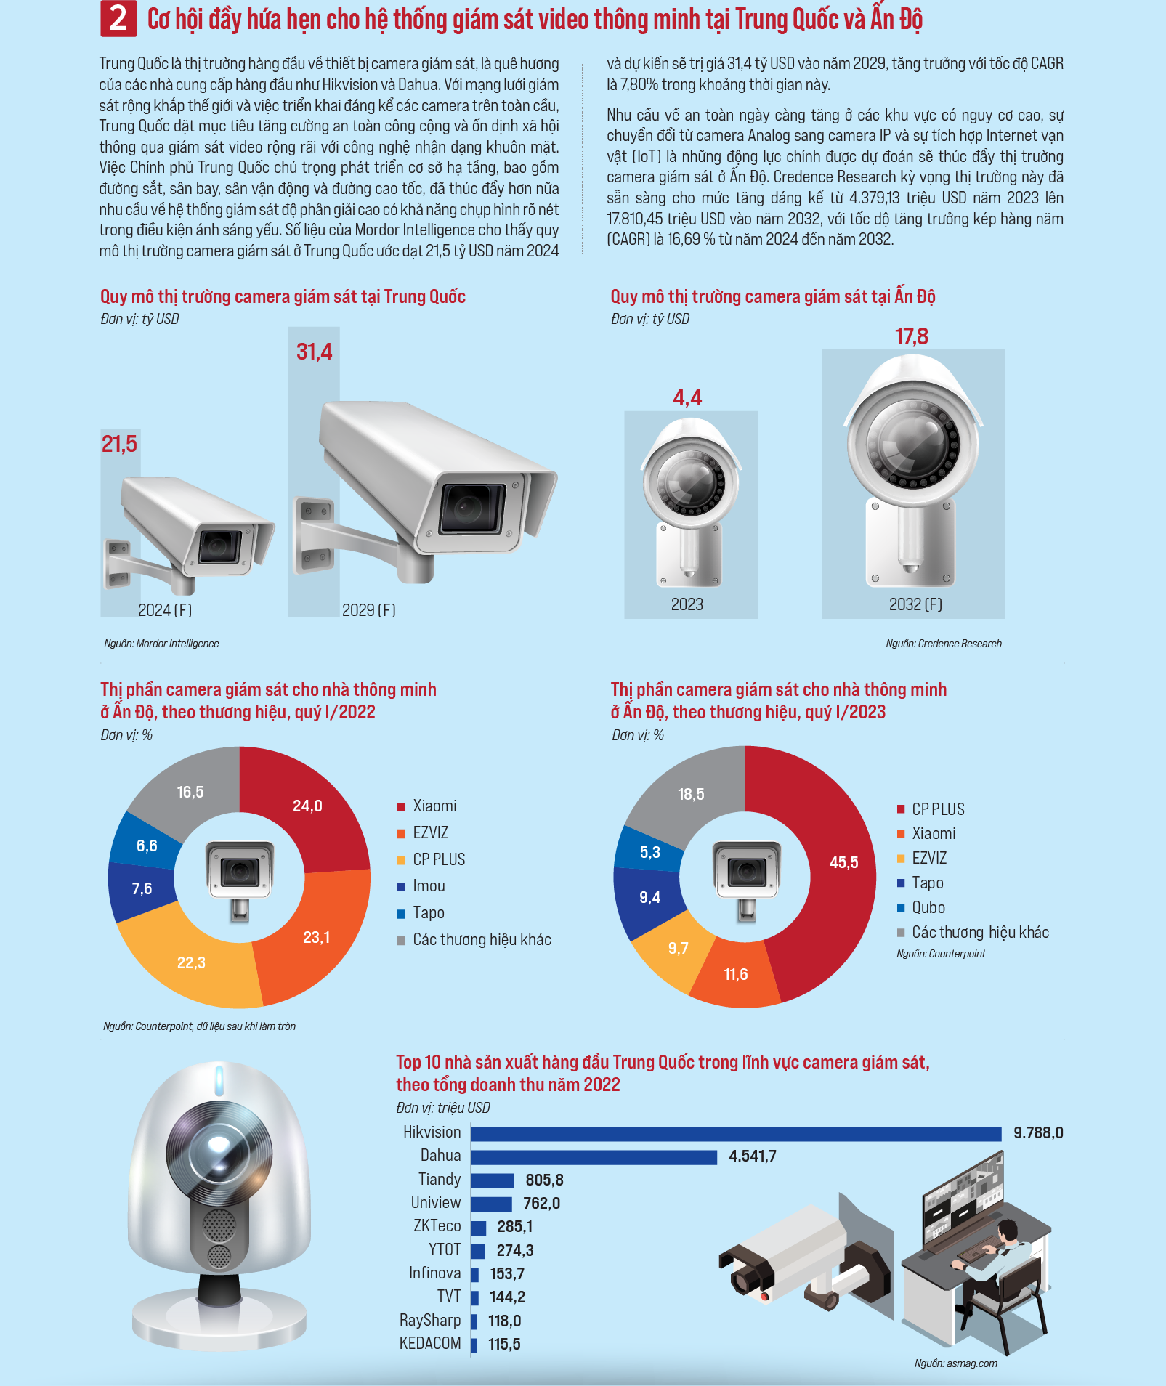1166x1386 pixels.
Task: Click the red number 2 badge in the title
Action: point(118,19)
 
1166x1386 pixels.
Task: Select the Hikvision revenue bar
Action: point(736,1133)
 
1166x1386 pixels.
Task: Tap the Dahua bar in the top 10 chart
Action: point(594,1156)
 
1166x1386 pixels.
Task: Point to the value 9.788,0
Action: point(1038,1133)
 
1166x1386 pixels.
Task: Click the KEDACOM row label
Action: point(430,1344)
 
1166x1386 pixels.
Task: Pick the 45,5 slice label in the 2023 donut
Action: point(843,862)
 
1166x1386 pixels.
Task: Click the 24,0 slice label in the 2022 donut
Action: point(307,806)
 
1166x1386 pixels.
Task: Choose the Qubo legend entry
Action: point(921,907)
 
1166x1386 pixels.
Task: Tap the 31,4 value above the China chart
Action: point(314,352)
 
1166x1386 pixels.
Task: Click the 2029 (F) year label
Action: point(369,610)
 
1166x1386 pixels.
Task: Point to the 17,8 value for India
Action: point(912,336)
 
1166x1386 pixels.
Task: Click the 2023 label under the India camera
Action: point(687,604)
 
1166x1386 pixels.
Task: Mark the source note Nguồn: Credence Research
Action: point(943,644)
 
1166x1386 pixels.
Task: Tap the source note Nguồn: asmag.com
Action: point(955,1363)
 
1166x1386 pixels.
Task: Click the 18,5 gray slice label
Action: point(691,794)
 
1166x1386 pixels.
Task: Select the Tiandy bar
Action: point(493,1180)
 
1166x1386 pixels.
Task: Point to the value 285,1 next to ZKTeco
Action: point(515,1227)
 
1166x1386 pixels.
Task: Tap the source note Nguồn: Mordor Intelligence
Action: point(161,644)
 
